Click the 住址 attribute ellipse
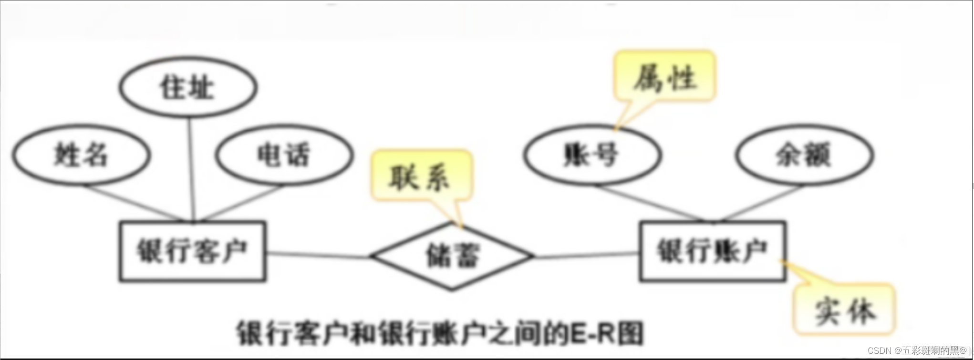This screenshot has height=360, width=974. click(x=188, y=88)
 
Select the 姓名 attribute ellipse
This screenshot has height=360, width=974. click(x=81, y=155)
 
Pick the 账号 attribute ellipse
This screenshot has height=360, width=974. click(x=592, y=155)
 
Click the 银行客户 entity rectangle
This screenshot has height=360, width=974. click(x=192, y=251)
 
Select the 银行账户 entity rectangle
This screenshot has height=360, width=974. click(x=712, y=251)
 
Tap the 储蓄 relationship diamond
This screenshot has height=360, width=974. click(x=452, y=256)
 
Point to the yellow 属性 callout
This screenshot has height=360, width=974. click(x=665, y=76)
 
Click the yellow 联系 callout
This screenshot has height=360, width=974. click(x=420, y=176)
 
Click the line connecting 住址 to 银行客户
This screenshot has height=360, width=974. click(x=191, y=169)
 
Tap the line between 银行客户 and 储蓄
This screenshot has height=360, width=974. click(x=318, y=255)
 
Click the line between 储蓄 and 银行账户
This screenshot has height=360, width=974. click(x=587, y=255)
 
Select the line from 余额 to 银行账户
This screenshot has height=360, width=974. click(x=762, y=204)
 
